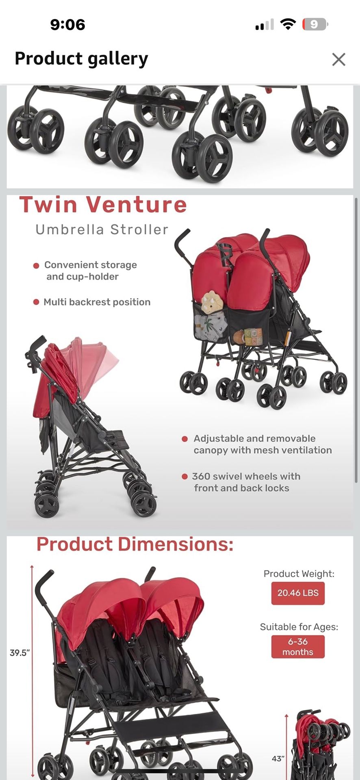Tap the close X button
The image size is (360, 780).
point(338,59)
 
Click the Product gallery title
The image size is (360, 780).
point(81,58)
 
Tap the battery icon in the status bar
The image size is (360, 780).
point(314,25)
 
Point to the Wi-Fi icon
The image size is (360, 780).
point(288,25)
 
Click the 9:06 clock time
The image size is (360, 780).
point(67,25)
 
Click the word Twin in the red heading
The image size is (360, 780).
point(48,204)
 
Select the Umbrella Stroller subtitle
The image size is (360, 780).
point(102,230)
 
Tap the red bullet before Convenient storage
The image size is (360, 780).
point(36,266)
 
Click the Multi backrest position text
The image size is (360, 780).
point(97,302)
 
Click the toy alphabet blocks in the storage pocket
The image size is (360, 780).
point(253,336)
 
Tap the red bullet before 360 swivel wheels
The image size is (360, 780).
point(184,477)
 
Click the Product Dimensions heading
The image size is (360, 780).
point(135,544)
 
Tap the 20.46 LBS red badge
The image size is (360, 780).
point(298,593)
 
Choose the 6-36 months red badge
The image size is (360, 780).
point(298,646)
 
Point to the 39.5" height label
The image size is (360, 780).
point(20,653)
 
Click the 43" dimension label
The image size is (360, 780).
point(278,758)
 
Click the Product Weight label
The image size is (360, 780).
point(299,574)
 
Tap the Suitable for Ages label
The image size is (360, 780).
point(299,627)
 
